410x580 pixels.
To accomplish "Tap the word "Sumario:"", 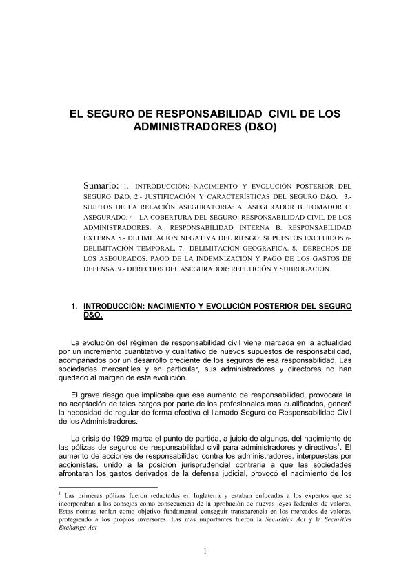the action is coord(102,185).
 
